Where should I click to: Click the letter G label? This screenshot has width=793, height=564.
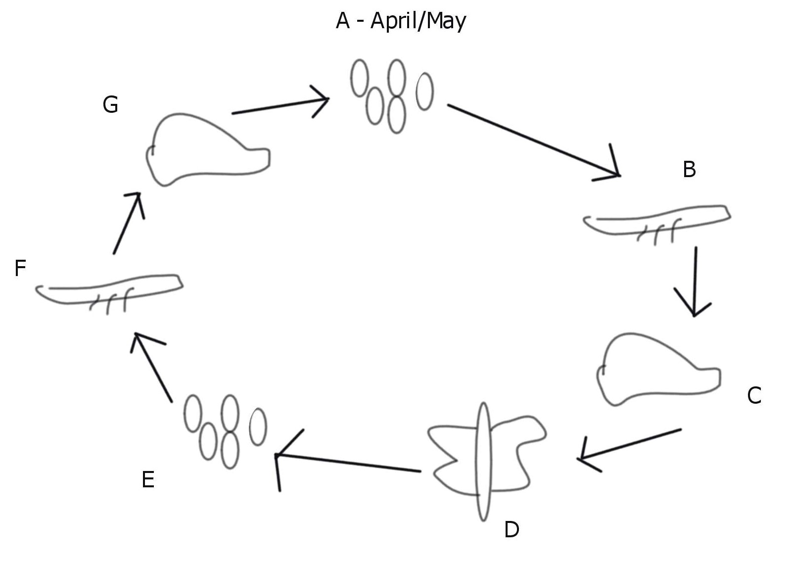click(110, 105)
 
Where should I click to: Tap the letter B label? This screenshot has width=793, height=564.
click(689, 170)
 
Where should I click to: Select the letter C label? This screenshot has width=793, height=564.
click(754, 396)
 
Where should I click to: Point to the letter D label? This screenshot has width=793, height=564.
click(512, 530)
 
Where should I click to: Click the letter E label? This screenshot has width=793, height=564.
click(148, 480)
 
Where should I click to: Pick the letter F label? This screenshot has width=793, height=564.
click(20, 269)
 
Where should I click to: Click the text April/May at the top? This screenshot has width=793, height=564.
click(418, 21)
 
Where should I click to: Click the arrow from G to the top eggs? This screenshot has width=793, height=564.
click(280, 106)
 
